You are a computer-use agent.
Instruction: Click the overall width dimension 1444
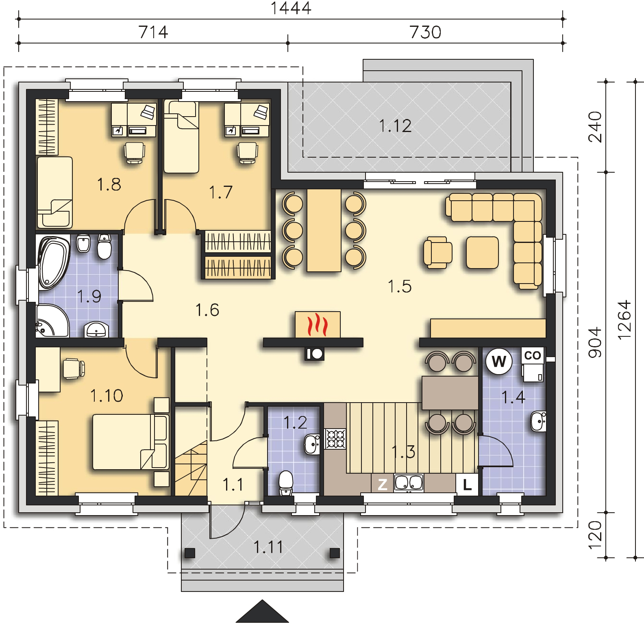pos(291,8)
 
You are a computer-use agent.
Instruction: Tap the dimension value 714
pos(153,32)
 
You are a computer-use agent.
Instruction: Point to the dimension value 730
pos(425,32)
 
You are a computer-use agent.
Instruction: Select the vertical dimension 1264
pos(624,320)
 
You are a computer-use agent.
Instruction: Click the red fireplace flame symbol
pos(318,325)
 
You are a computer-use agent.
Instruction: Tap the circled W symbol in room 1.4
pos(499,360)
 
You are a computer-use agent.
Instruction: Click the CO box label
pos(533,356)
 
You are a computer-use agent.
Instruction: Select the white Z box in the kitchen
pos(382,484)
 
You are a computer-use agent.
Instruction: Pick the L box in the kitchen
pos(467,484)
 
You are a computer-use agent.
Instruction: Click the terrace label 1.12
pos(395,126)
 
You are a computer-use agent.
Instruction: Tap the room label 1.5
pos(400,286)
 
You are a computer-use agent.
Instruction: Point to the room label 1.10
pos(107,395)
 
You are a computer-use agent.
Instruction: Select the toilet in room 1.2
pos(286,482)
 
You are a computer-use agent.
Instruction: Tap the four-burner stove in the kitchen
pos(335,439)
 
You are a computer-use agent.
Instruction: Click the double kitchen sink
pos(409,483)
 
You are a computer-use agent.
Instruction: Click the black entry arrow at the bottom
pos(262,612)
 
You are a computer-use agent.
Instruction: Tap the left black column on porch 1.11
pos(189,553)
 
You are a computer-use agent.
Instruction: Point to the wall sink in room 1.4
pos(538,421)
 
